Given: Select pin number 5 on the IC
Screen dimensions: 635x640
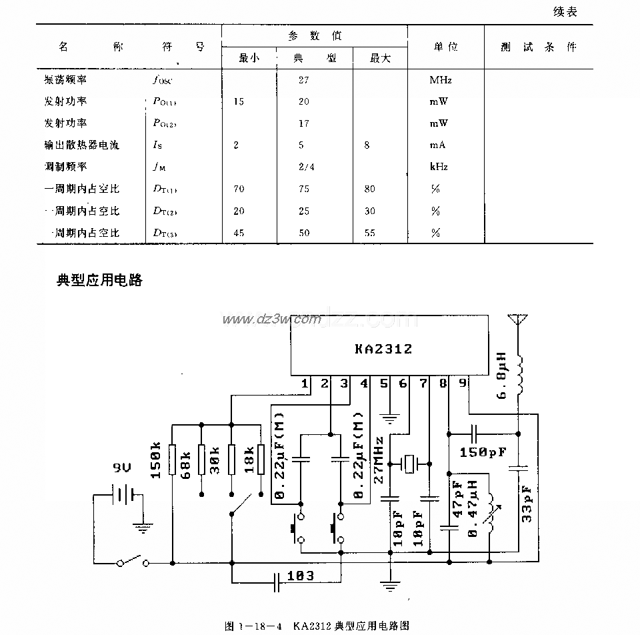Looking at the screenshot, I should [384, 384].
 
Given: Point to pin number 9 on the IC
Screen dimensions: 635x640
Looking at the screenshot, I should [463, 384].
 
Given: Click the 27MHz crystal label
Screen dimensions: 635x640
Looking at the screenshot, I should [379, 460].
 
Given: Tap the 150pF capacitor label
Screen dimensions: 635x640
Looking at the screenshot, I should [483, 452].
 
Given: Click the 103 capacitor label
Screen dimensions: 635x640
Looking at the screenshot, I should [301, 575].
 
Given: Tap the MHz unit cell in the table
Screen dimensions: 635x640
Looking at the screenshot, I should [441, 80].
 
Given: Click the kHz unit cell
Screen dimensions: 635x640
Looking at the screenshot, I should [439, 167].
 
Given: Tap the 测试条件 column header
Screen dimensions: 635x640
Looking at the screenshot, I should [539, 47].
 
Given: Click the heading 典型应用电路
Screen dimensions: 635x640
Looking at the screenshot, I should [100, 280].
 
